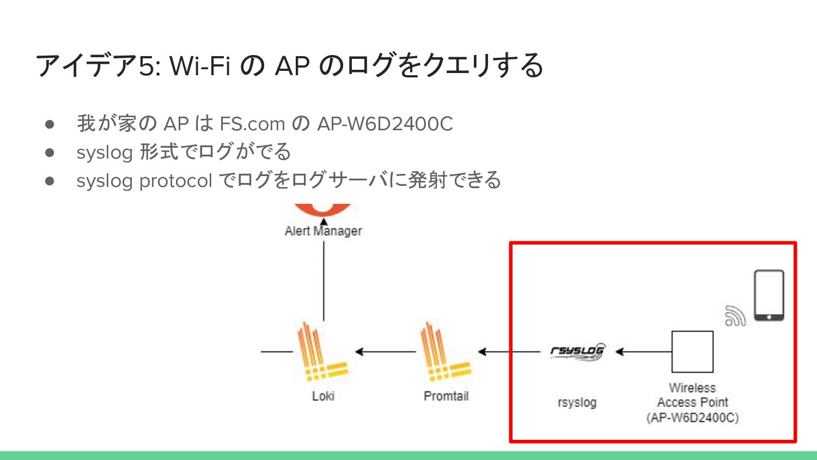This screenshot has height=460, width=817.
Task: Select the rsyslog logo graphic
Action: click(x=577, y=352)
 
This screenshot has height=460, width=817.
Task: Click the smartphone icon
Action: click(x=769, y=295)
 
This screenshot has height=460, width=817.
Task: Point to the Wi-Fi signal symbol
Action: click(x=735, y=316)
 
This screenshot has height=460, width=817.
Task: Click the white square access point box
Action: click(x=692, y=352)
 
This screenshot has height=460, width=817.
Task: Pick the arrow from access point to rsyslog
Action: click(x=643, y=352)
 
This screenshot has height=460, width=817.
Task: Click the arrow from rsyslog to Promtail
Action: click(x=509, y=352)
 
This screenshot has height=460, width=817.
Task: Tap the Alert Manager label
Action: click(x=323, y=231)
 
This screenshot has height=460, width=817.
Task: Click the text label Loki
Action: click(x=323, y=396)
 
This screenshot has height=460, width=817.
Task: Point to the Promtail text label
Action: click(x=446, y=396)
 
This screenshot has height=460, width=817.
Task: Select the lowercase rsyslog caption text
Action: click(x=577, y=403)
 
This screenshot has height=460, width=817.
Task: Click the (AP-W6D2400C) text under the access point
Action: click(x=692, y=418)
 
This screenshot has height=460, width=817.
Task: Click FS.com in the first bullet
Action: click(x=252, y=124)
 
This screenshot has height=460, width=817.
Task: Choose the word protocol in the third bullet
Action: click(x=175, y=181)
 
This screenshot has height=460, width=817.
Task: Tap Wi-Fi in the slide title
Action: click(x=200, y=66)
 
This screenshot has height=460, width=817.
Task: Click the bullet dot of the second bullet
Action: click(x=50, y=153)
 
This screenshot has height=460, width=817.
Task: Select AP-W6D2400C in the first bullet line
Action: click(x=385, y=124)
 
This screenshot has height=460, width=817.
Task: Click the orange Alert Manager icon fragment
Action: click(x=323, y=209)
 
